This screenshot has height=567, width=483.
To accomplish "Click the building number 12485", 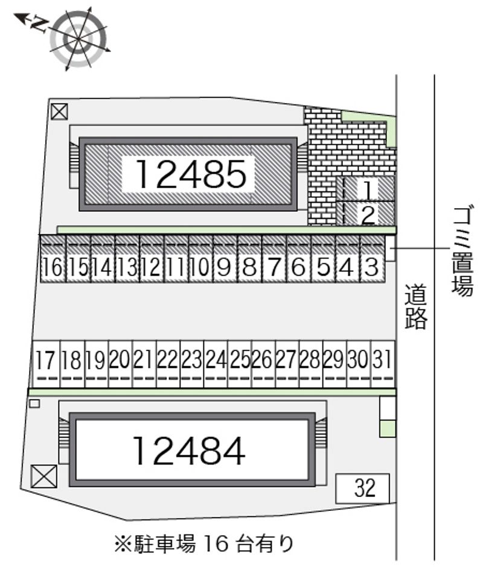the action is pos(191,174).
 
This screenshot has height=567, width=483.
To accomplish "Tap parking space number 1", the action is pos(368,189).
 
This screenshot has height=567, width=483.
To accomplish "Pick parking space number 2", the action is pos(368,214).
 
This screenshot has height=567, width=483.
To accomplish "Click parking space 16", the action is pos(53,259).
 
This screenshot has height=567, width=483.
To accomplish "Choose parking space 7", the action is pos(274,259).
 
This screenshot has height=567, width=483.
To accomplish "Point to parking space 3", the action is pos(372,259).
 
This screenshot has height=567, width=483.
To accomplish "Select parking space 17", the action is pos(46,364).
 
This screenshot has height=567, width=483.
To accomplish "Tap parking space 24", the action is pos(216,364).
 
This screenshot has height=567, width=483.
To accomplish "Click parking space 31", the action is pos(383,364).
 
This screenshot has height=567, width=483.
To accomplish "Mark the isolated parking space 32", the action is pos(362,488).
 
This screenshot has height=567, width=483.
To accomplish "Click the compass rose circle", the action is pos(78,39).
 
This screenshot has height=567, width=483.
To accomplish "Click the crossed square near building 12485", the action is pos(59,112).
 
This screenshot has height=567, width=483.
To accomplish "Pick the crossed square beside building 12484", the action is pos(44,477).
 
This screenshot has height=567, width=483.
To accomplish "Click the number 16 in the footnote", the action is pos(216,543).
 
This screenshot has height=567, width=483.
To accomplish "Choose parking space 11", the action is pos(176,259).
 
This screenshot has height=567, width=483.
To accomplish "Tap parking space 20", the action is pos(120,364).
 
